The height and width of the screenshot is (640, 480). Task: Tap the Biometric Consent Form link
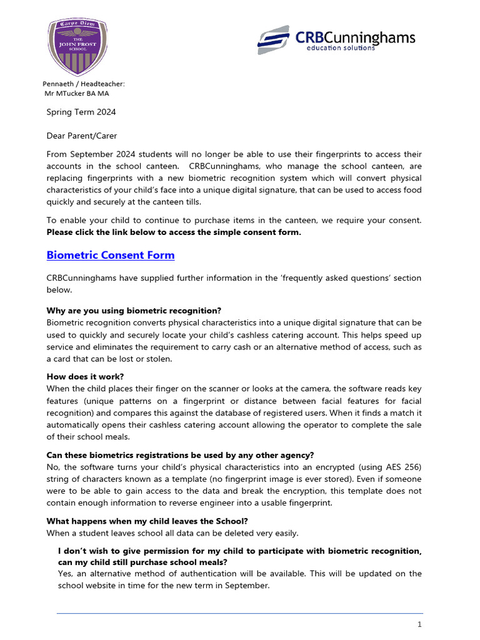pyautogui.click(x=111, y=255)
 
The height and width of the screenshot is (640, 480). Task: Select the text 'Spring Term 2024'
pyautogui.click(x=81, y=112)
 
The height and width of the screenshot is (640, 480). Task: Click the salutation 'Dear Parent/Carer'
pyautogui.click(x=82, y=136)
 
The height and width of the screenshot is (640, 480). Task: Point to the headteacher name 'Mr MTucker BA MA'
pyautogui.click(x=76, y=94)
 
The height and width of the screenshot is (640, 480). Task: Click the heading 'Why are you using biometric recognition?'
pyautogui.click(x=134, y=311)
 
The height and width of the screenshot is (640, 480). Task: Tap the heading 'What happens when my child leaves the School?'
pyautogui.click(x=142, y=521)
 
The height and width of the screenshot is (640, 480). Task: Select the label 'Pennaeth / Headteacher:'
pyautogui.click(x=84, y=84)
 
